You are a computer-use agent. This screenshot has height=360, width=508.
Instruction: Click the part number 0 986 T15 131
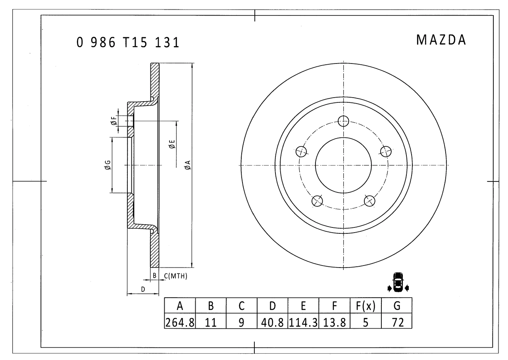pos(128,42)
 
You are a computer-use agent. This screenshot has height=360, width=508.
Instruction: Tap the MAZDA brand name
pos(441,40)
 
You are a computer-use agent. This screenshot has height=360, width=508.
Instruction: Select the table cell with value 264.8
pos(180,322)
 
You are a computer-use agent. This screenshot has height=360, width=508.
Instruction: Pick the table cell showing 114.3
pos(303,322)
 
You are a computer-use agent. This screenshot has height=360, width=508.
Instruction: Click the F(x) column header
pos(366,306)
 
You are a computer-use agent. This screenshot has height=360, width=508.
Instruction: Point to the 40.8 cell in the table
pos(272,322)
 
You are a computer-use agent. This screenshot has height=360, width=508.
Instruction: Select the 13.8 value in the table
pos(334,322)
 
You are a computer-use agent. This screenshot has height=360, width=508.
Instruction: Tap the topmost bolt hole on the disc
pos(343,121)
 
